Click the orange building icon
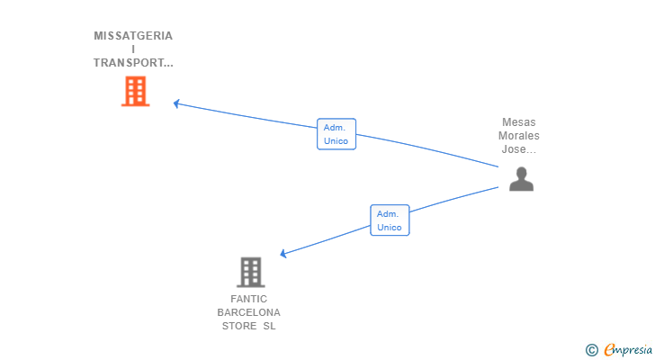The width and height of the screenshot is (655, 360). (135, 91)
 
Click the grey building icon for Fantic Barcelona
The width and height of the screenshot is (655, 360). (250, 272)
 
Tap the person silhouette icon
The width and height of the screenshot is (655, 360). (521, 179)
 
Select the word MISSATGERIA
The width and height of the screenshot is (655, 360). (133, 36)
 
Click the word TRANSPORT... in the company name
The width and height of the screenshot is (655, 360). (133, 63)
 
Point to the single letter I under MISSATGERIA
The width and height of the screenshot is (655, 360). (133, 49)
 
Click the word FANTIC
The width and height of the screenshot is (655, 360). (249, 299)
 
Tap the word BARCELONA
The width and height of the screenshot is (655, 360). (249, 312)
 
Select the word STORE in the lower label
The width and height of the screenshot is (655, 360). (239, 326)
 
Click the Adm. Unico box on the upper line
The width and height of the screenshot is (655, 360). (336, 134)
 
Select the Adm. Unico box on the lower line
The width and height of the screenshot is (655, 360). (390, 220)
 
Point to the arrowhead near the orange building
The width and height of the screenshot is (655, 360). (177, 103)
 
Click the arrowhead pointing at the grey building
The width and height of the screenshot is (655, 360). (284, 255)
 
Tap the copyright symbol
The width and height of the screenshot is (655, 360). (591, 350)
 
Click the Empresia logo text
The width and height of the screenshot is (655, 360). (627, 350)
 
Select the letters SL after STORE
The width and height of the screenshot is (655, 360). (269, 326)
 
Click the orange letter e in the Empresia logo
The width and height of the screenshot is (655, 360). (609, 350)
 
